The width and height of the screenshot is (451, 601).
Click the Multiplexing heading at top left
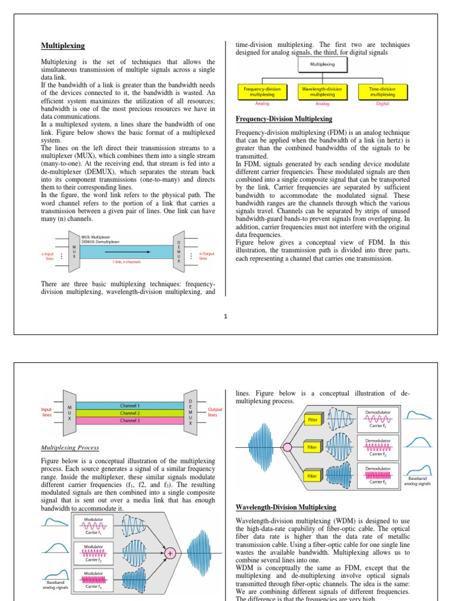(x=63, y=46)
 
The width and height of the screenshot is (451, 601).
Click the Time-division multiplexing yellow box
(x=382, y=92)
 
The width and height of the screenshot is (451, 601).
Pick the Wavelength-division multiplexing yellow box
(x=322, y=92)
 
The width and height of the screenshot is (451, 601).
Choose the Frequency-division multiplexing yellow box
(x=262, y=92)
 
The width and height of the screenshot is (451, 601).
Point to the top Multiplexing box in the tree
(x=322, y=65)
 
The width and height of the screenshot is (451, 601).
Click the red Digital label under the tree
(x=382, y=103)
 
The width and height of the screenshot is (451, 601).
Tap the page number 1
(x=225, y=316)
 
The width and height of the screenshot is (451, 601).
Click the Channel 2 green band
(x=130, y=413)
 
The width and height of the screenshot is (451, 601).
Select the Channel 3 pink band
(x=130, y=421)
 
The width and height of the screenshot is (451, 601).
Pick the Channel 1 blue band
(x=130, y=406)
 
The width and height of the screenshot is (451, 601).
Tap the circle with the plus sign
(x=171, y=553)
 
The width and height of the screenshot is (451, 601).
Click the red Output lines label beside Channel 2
(x=215, y=412)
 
